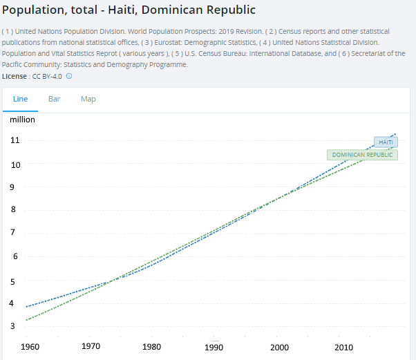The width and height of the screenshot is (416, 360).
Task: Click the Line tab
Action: [x=21, y=99]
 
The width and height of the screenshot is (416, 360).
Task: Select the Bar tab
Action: [x=54, y=99]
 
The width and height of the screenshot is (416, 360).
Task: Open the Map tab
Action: [x=88, y=99]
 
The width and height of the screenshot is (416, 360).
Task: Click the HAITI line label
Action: [x=385, y=142]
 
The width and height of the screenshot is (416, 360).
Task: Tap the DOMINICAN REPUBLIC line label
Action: [x=362, y=155]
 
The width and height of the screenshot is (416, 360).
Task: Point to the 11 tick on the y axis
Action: [x=15, y=140]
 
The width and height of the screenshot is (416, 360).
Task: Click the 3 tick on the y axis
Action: [x=12, y=325]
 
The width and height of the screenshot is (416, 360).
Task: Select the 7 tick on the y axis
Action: [x=12, y=232]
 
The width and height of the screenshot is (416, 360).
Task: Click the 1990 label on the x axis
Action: [x=216, y=346]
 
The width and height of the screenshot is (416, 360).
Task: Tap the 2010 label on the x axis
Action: [x=343, y=345]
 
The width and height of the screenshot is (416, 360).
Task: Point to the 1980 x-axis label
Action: [x=153, y=346]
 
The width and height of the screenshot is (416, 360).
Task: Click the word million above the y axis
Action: [x=22, y=120]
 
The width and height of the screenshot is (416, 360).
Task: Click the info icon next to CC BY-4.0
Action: [x=69, y=76]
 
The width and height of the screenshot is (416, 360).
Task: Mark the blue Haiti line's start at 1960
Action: [x=27, y=306]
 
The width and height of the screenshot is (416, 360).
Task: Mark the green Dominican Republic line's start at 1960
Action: [x=27, y=320]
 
